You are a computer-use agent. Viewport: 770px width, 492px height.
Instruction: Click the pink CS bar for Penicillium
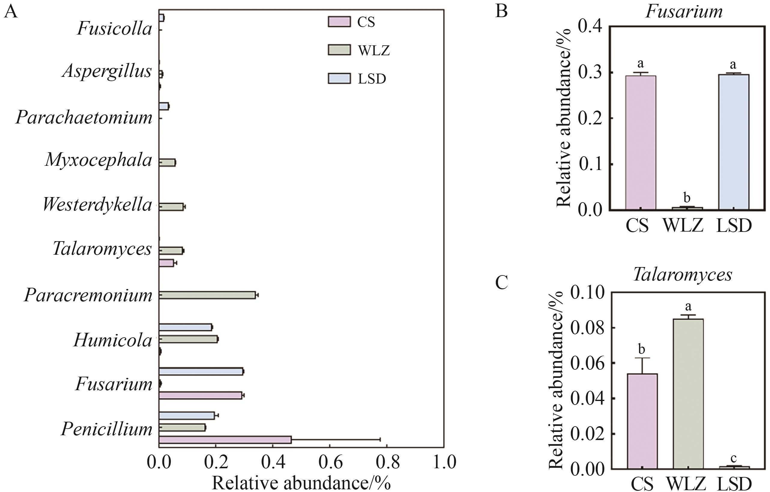point(225,439)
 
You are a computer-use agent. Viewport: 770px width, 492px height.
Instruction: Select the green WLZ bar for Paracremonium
point(207,295)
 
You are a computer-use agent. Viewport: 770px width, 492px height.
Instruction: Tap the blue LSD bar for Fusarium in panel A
point(201,371)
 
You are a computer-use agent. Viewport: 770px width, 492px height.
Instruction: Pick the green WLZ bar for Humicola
point(188,339)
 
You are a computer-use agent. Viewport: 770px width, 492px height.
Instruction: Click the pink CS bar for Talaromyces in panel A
point(166,263)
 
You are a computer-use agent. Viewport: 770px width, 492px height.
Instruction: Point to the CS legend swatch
point(339,22)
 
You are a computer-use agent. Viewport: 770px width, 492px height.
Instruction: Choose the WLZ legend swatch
point(339,50)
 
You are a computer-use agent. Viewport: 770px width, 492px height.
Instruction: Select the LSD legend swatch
point(339,78)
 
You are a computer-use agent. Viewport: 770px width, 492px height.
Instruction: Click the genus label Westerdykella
point(97,205)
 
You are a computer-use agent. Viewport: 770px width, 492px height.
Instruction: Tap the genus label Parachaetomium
point(84,117)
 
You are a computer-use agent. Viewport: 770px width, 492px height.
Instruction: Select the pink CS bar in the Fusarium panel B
point(641,143)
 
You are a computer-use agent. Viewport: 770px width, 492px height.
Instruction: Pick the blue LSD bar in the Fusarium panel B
point(734,142)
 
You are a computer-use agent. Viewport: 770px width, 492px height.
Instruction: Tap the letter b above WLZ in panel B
point(687,198)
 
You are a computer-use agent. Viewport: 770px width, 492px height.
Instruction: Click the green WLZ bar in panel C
point(688,394)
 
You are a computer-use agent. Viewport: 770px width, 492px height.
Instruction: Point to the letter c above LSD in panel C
point(734,458)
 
